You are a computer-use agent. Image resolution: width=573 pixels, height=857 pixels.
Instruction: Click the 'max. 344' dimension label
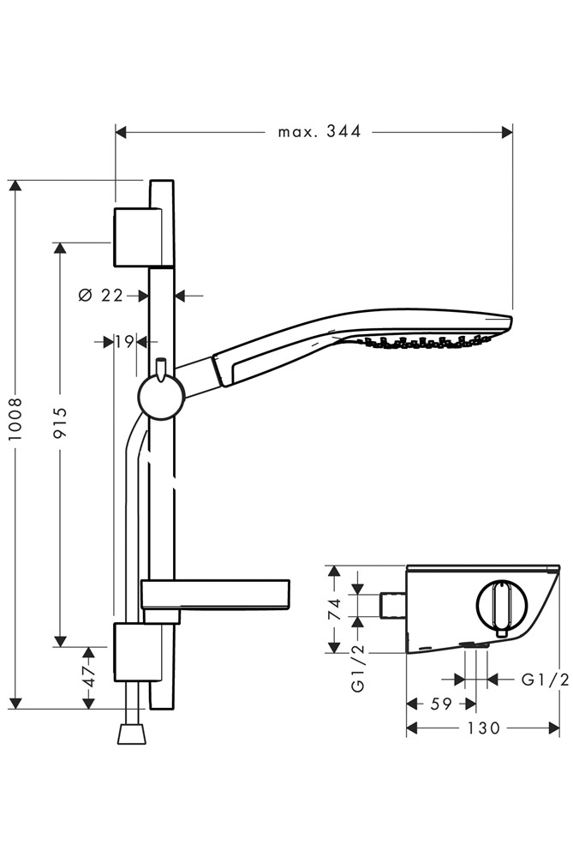coord(319,131)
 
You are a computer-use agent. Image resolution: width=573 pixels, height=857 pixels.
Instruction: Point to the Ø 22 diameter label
coord(101,295)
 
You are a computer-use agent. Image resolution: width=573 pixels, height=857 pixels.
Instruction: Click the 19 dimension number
coord(123,341)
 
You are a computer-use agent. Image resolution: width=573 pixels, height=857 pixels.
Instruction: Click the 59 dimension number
coord(440,704)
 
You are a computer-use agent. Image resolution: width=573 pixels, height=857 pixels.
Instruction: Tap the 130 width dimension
coord(484,728)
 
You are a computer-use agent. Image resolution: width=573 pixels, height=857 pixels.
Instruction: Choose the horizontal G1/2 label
coord(545,680)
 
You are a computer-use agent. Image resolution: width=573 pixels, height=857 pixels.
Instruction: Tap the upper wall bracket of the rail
coord(135,236)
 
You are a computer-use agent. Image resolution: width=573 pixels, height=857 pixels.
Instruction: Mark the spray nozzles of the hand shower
coord(420,343)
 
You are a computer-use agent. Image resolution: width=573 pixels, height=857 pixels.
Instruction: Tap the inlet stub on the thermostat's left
coord(392,603)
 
